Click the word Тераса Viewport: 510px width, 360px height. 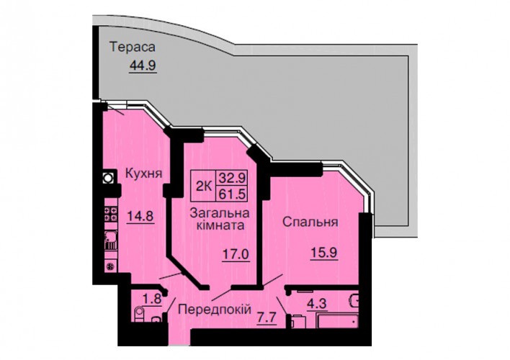[133, 47]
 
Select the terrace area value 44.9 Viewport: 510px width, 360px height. [143, 66]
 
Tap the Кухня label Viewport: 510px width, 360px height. [143, 174]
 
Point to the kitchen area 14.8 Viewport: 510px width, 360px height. [140, 215]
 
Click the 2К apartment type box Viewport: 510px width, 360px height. [204, 186]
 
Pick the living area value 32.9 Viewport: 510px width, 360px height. [232, 178]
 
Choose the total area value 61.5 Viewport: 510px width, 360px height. [232, 194]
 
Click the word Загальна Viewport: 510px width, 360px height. [220, 214]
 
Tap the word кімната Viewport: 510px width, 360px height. [220, 225]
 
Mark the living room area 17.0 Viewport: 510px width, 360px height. [236, 254]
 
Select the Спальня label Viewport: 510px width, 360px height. [310, 222]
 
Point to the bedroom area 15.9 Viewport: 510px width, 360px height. [324, 253]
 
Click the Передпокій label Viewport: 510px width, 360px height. [215, 310]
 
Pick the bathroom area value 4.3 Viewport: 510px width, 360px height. [317, 305]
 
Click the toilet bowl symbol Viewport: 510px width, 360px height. [139, 314]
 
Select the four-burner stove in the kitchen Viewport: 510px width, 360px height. [111, 214]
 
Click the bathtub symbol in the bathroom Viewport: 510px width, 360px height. [338, 320]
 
